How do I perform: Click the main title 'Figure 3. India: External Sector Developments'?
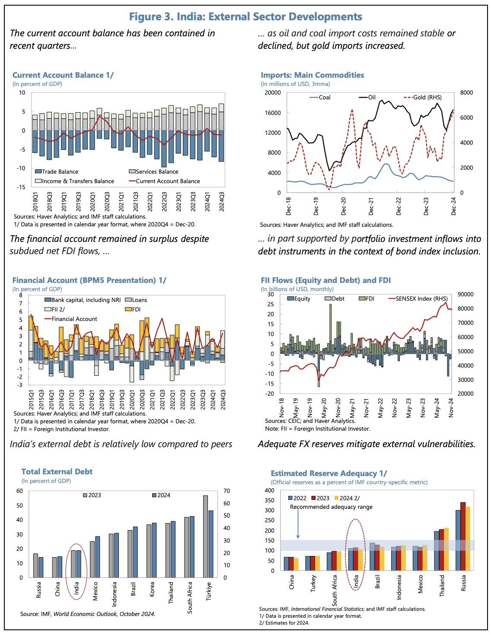[x=245, y=17]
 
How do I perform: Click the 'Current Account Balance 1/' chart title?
[x=63, y=75]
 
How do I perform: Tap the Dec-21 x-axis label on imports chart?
[x=371, y=206]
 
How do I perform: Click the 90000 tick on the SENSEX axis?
[x=465, y=294]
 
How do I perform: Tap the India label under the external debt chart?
[x=77, y=588]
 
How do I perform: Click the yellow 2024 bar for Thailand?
[x=446, y=549]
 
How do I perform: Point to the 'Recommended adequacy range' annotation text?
[x=331, y=507]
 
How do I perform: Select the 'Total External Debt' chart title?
[x=57, y=472]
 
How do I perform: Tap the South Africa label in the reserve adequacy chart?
[x=335, y=590]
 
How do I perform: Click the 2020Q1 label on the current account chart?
[x=92, y=202]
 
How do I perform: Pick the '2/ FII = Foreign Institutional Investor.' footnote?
[x=61, y=429]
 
